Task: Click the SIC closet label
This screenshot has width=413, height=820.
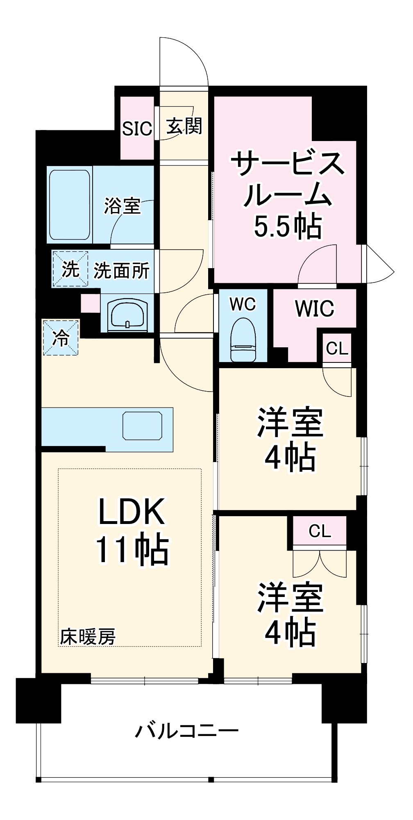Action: [x=137, y=129]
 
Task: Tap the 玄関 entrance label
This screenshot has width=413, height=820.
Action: [x=184, y=126]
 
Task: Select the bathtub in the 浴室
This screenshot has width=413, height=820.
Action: [x=69, y=205]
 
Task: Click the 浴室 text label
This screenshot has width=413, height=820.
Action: [x=122, y=205]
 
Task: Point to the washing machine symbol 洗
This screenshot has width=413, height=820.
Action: [x=70, y=269]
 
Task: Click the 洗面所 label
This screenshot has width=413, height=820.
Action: [x=121, y=271]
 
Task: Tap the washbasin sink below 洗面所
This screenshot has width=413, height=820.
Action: [x=127, y=315]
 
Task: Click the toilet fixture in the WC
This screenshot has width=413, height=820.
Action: [x=243, y=340]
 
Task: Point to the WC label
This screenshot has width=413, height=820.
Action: [x=243, y=304]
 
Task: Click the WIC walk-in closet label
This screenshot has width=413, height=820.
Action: [x=314, y=308]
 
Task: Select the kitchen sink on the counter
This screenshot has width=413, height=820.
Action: [x=142, y=426]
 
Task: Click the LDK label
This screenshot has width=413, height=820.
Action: [x=132, y=512]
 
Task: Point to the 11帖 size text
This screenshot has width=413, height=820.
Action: [x=132, y=550]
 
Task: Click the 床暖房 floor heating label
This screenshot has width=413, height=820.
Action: [x=88, y=637]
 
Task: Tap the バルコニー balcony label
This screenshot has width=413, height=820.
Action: [x=186, y=731]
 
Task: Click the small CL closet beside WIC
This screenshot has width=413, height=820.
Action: [x=337, y=348]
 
